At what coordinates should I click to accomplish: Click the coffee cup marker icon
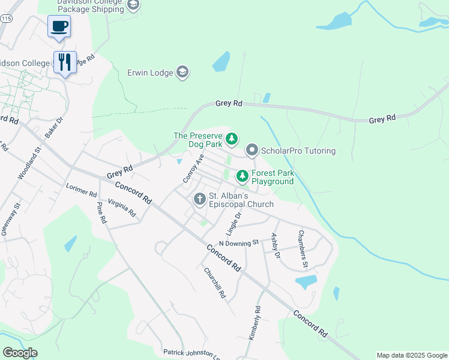[x=59, y=26]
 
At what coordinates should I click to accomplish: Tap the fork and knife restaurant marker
[x=65, y=61]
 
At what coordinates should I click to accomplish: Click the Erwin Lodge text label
[x=149, y=73]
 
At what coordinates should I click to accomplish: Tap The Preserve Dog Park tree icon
[x=232, y=140]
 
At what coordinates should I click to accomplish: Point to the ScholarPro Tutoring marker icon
[x=252, y=150]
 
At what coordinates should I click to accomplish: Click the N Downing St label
[x=238, y=243]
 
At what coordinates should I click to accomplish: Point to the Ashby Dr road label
[x=276, y=246]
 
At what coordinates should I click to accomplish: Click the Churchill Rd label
[x=214, y=283]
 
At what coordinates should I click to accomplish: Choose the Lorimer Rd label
[x=82, y=190]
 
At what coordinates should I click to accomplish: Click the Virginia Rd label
[x=122, y=208]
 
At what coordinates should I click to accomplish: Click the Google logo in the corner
[x=20, y=353]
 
